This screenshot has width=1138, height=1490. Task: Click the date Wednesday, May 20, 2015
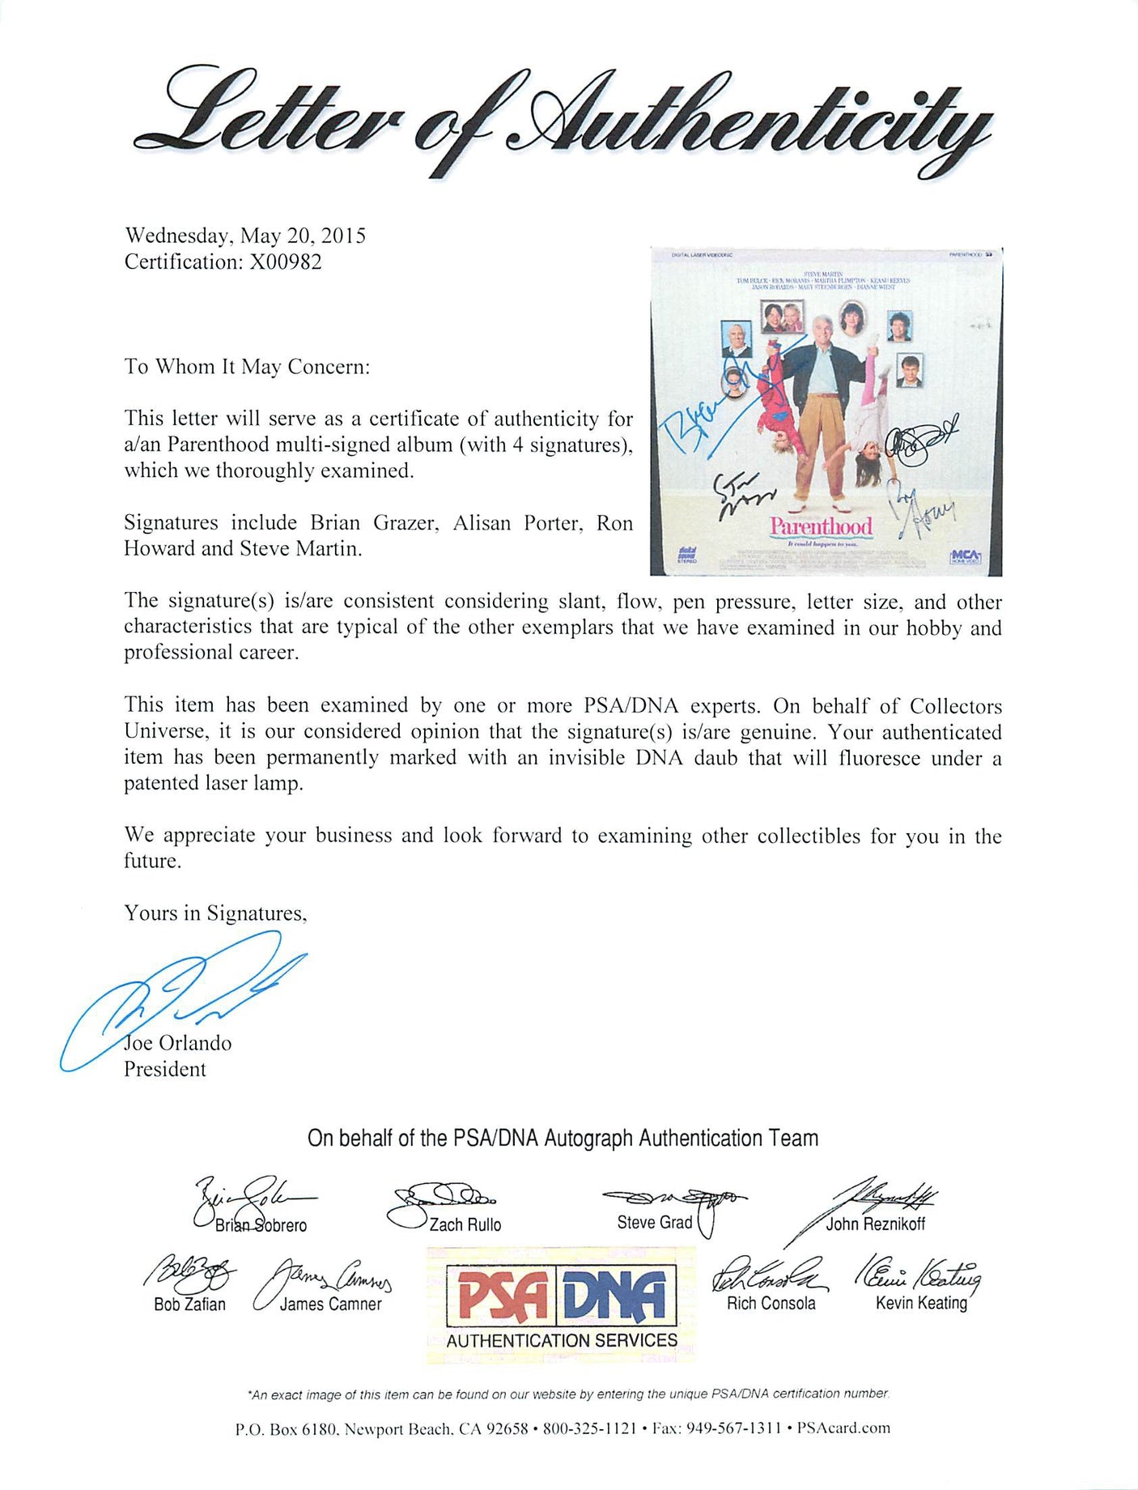pyautogui.click(x=244, y=236)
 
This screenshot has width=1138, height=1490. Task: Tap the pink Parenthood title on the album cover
pyautogui.click(x=821, y=526)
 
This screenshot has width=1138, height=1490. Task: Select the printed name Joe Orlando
pyautogui.click(x=178, y=1043)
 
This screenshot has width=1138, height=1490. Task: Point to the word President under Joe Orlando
pyautogui.click(x=165, y=1069)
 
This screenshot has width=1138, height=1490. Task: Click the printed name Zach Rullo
pyautogui.click(x=465, y=1224)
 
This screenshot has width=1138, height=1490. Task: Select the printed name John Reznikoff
pyautogui.click(x=875, y=1224)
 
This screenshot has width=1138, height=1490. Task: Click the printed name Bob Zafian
pyautogui.click(x=189, y=1304)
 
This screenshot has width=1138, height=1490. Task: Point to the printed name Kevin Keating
pyautogui.click(x=921, y=1303)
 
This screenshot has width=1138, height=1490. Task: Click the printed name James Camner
pyautogui.click(x=330, y=1304)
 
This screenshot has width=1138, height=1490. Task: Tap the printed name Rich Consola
pyautogui.click(x=771, y=1303)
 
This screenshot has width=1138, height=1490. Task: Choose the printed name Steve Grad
pyautogui.click(x=655, y=1222)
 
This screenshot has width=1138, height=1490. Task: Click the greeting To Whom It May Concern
pyautogui.click(x=247, y=367)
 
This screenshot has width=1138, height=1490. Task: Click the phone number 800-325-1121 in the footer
pyautogui.click(x=589, y=1428)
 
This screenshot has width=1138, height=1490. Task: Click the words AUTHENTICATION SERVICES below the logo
pyautogui.click(x=562, y=1340)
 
